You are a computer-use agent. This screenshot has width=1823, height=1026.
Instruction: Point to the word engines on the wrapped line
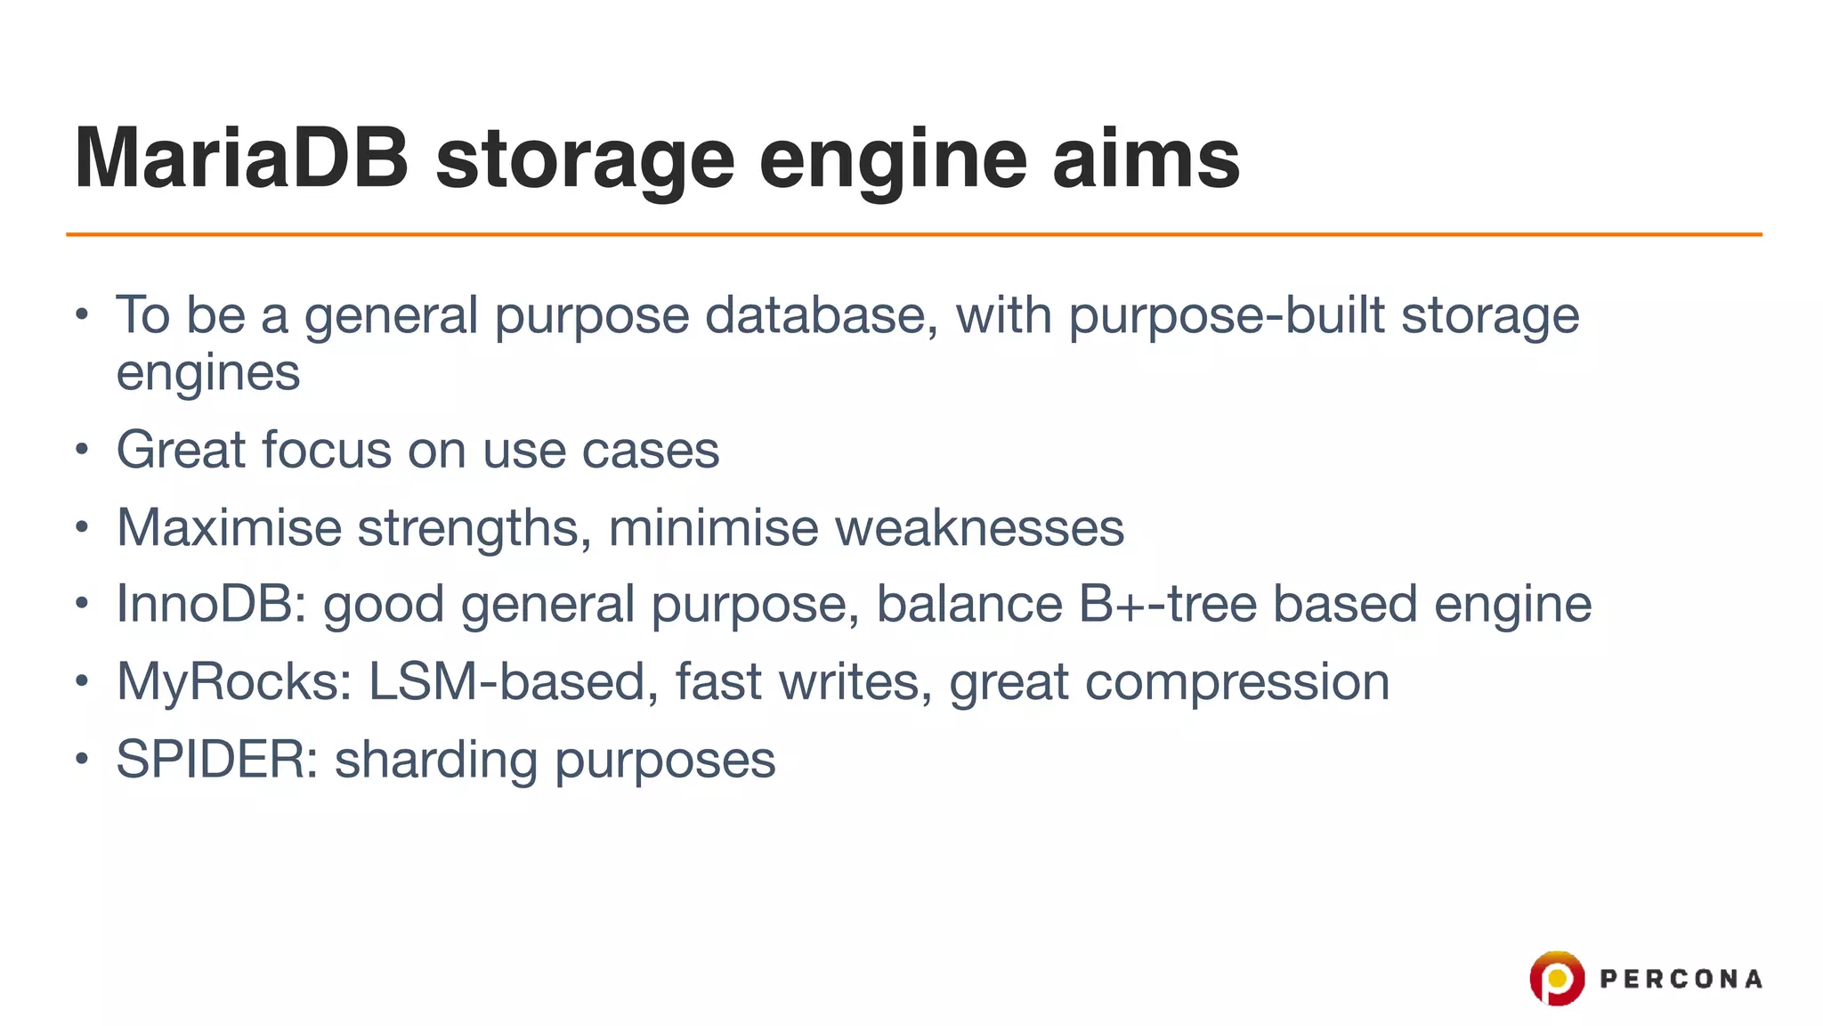(208, 373)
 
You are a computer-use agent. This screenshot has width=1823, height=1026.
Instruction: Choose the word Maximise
(229, 527)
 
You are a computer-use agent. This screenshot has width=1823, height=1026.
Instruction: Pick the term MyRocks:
(234, 682)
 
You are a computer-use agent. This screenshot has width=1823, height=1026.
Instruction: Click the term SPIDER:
(217, 760)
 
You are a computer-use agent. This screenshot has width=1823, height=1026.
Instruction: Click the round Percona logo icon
(1556, 978)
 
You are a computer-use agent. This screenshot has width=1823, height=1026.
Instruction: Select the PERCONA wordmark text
(1681, 980)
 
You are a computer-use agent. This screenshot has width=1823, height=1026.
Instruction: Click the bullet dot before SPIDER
(82, 760)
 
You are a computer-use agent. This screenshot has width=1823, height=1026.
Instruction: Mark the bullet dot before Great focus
(82, 450)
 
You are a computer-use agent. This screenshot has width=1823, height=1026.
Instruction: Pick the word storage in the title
(585, 160)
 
